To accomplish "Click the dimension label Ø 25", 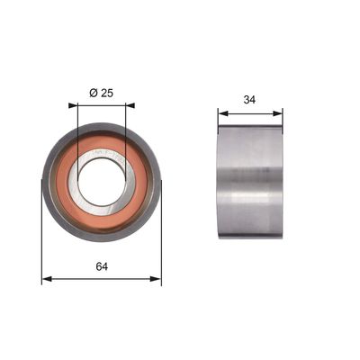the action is pos(102,93).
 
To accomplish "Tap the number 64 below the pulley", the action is pos(102,266).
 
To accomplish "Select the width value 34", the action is pos(249,100).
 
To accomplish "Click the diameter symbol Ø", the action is pos(94,93).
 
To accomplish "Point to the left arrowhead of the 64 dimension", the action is pos(48,279).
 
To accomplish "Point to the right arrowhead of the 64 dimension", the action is pos(156,279).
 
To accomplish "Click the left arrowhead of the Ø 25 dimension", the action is pos(73,105).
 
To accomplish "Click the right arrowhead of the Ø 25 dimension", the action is pos(130,105).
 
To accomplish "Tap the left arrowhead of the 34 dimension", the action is pos(223,113).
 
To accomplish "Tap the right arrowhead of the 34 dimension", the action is pos(277,113).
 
